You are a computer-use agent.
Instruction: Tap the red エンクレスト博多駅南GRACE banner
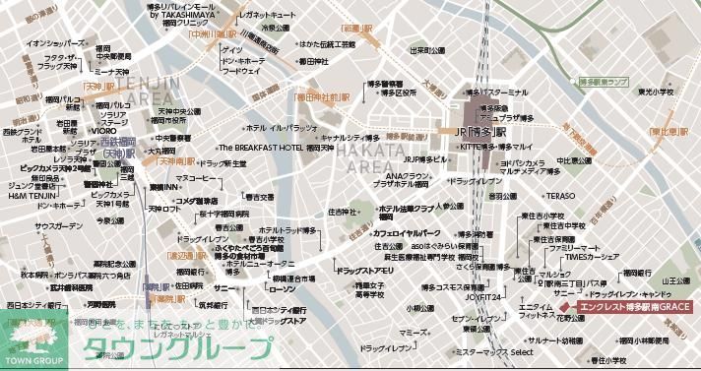(x=630, y=307)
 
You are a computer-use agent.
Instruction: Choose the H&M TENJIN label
(x=31, y=195)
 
